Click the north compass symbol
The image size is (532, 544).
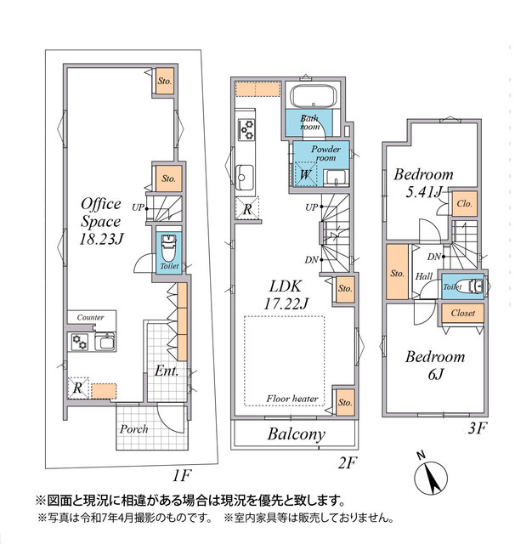[431, 476]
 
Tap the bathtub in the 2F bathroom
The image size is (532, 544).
[314, 96]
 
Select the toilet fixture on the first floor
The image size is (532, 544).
[169, 247]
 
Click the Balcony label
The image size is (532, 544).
[297, 434]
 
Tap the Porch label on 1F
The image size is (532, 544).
[134, 429]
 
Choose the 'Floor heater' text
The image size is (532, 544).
[292, 399]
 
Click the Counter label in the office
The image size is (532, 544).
[91, 317]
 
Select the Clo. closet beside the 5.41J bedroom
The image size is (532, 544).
[464, 204]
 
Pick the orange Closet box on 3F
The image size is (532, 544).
[462, 314]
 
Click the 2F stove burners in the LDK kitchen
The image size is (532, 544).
[247, 129]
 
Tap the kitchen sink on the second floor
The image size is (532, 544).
[245, 178]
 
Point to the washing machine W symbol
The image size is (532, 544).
[304, 174]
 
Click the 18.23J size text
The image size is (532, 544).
[101, 239]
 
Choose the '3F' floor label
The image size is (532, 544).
[478, 428]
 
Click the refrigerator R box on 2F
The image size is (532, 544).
[247, 208]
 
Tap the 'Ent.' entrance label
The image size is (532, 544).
[167, 371]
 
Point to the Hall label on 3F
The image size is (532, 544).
[424, 276]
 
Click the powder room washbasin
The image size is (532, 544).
[336, 178]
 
